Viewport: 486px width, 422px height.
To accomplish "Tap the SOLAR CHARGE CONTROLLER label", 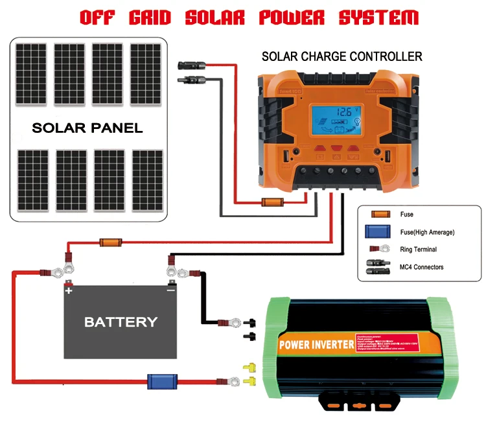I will (x=341, y=56).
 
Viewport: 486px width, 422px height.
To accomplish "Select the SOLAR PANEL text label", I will (x=87, y=128).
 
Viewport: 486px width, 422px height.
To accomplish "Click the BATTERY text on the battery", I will (x=121, y=322).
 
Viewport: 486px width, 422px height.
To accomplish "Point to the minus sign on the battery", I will (x=170, y=291).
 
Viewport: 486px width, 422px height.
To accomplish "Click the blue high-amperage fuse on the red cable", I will (x=159, y=381).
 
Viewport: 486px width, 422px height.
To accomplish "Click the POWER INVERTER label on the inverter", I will (x=313, y=344).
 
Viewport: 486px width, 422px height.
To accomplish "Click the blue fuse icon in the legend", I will (x=380, y=231).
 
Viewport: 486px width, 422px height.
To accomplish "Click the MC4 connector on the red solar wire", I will (x=191, y=65).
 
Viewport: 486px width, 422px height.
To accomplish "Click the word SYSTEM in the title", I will (x=378, y=18).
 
